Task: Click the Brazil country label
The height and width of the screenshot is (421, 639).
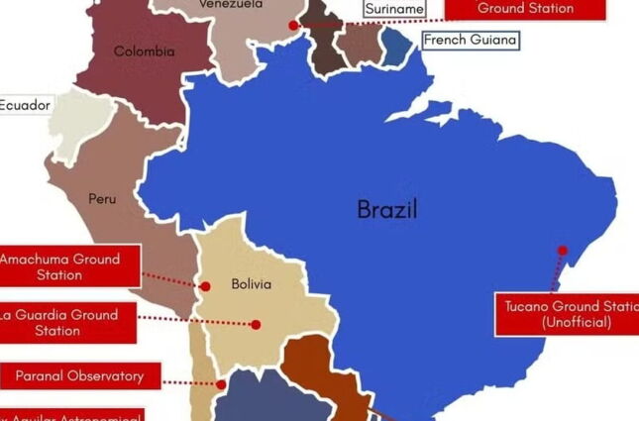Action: (387, 209)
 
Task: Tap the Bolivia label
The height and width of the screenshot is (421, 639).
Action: (251, 284)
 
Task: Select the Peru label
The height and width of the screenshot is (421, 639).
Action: (102, 199)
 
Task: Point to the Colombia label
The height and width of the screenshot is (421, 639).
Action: (144, 52)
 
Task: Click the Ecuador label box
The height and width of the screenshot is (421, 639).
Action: (24, 104)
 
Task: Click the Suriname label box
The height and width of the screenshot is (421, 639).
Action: (394, 9)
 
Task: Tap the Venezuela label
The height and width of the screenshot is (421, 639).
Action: (231, 5)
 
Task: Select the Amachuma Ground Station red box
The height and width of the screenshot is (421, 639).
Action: (62, 266)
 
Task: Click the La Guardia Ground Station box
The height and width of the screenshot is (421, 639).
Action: (62, 323)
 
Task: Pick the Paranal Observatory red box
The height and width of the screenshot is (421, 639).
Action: (79, 376)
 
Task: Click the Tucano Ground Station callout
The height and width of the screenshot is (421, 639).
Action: (567, 314)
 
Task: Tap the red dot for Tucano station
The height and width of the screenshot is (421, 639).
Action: (563, 251)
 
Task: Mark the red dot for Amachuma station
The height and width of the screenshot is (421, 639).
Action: (206, 286)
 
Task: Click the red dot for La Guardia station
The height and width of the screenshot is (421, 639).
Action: (256, 324)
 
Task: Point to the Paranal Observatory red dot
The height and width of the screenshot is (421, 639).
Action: (222, 384)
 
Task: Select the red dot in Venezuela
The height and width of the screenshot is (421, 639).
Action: (293, 26)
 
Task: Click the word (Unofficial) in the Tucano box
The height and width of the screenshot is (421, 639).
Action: (577, 323)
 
